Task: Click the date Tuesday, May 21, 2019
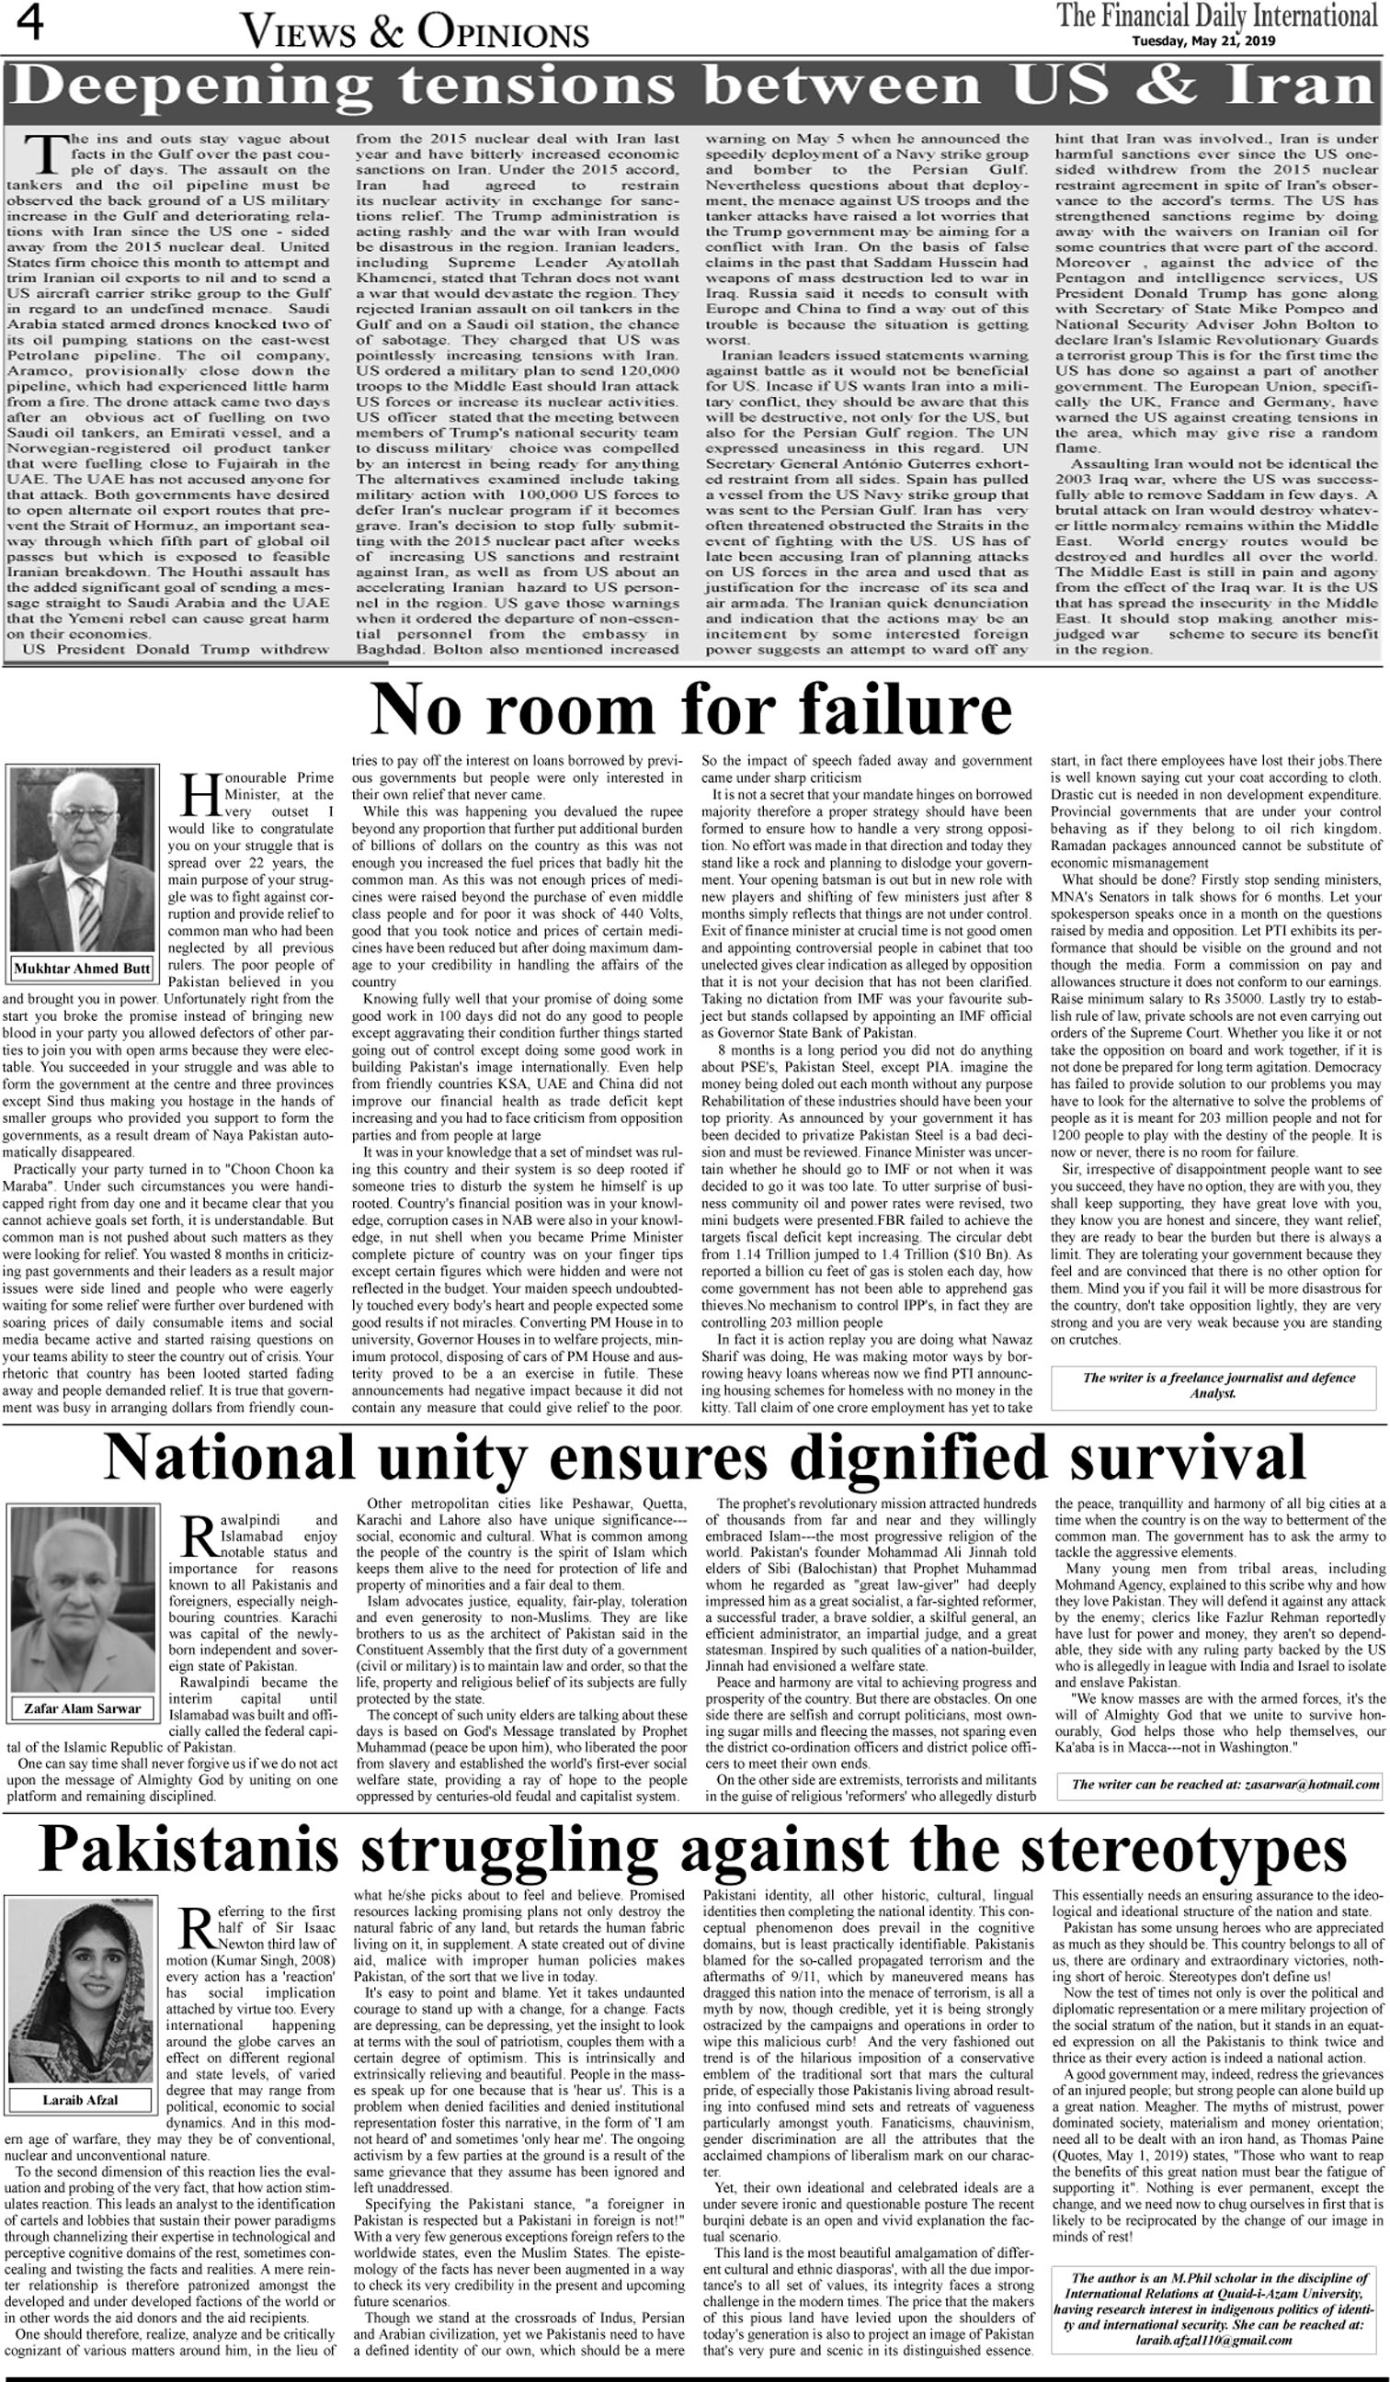tap(1203, 40)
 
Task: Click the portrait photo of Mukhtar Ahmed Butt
tap(81, 861)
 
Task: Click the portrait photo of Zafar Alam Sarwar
tap(81, 1603)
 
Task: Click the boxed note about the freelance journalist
tap(1218, 1385)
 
